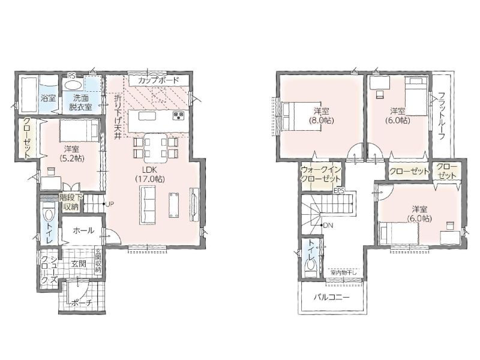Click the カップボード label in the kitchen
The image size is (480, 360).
(x=158, y=80)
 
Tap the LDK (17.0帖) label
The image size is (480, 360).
(x=149, y=175)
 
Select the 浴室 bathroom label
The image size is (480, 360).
(x=48, y=98)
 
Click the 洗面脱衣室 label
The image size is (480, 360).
(x=80, y=103)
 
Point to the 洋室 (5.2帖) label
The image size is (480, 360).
(x=71, y=154)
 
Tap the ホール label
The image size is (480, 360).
(x=83, y=230)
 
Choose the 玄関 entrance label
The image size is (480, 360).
(x=79, y=263)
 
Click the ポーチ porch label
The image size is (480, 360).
(x=81, y=303)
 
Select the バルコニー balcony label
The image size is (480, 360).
(x=332, y=297)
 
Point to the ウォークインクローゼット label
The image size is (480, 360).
(x=320, y=174)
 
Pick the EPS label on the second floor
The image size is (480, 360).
(x=340, y=191)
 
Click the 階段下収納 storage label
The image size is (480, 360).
(x=71, y=202)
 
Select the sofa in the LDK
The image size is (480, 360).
(x=148, y=205)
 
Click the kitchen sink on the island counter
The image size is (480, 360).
(x=147, y=116)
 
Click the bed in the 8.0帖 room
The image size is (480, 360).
(x=299, y=116)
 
